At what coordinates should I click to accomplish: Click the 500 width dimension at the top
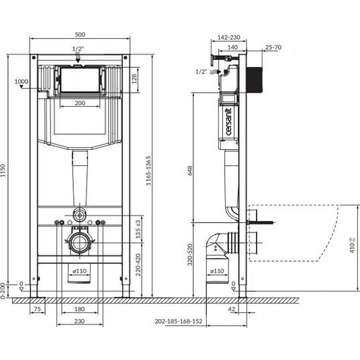(80, 35)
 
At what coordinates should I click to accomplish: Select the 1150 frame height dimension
(3, 171)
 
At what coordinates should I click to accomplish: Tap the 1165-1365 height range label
(149, 171)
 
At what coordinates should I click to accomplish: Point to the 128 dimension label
(134, 79)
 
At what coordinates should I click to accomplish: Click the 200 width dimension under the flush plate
(80, 103)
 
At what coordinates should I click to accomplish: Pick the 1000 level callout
(21, 81)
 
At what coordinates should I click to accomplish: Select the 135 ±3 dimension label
(138, 229)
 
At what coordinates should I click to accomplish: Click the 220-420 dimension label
(138, 265)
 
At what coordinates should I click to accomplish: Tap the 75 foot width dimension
(37, 309)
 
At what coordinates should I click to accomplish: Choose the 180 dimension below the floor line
(79, 309)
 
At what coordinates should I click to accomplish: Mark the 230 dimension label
(79, 321)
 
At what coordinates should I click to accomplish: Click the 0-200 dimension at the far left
(3, 291)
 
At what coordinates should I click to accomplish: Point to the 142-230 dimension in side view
(228, 38)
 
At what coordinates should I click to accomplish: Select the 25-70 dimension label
(273, 47)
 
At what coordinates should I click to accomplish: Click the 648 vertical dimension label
(190, 171)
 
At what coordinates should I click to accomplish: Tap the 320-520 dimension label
(190, 255)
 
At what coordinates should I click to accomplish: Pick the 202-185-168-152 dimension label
(179, 321)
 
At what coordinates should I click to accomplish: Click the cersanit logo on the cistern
(229, 122)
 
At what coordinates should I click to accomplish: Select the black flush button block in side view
(255, 80)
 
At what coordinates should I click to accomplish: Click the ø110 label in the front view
(80, 271)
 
